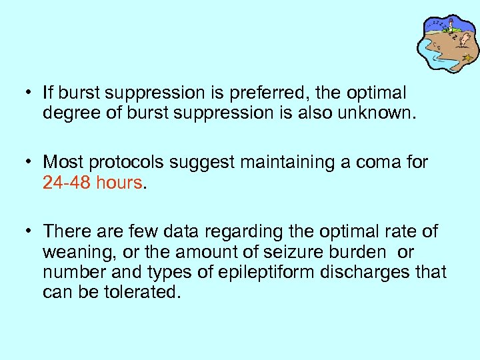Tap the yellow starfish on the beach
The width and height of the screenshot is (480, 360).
(469, 57)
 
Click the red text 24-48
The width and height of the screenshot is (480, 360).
(67, 182)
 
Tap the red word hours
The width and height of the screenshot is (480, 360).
(119, 182)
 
